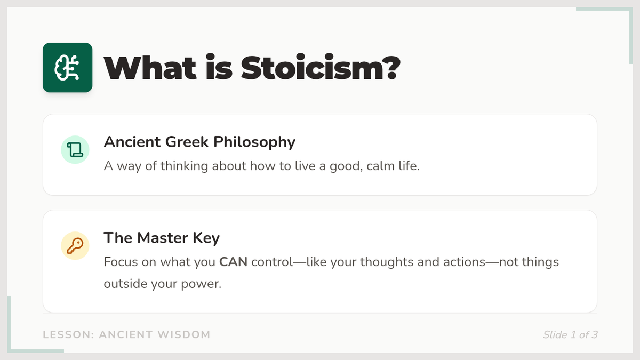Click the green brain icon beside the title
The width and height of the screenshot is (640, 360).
coord(67,67)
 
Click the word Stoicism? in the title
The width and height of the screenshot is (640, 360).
coord(321,68)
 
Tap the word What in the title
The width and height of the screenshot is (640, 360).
coord(150,68)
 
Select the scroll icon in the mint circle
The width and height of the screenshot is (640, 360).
coord(75,150)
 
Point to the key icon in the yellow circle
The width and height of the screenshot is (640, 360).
coord(75,246)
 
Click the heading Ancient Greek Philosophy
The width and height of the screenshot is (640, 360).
coord(199,142)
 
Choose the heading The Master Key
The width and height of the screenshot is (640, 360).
coord(162,238)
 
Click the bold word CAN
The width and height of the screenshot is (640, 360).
coord(233,262)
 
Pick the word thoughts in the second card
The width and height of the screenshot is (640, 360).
coord(387,262)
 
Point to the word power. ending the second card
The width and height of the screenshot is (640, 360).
coord(201,284)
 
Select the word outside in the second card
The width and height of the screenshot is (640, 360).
coord(125,284)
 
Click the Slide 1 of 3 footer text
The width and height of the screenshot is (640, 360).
coord(570,335)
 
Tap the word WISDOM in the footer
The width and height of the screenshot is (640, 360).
coord(183,335)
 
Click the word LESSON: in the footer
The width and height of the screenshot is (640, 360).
coord(69,335)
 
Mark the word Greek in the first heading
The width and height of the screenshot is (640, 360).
coord(187,142)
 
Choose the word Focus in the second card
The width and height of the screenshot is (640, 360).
coord(121,262)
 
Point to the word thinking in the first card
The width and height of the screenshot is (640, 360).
coord(184,166)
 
